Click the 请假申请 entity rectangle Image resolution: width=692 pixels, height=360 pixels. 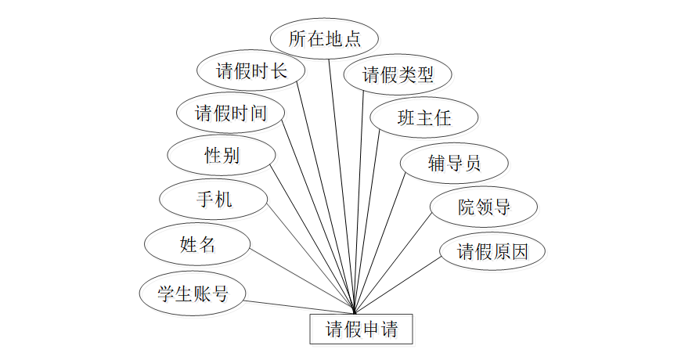[x=360, y=329]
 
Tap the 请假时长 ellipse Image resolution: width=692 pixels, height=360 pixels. [x=251, y=72]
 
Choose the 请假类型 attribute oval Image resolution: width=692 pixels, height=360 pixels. [x=397, y=75]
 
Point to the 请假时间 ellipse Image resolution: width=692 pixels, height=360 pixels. [x=230, y=113]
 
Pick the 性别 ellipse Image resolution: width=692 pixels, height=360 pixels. [x=222, y=155]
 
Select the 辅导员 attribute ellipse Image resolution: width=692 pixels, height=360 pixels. [x=454, y=163]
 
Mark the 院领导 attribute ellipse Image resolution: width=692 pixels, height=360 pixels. [x=484, y=207]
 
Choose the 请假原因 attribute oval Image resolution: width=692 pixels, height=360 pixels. [x=492, y=251]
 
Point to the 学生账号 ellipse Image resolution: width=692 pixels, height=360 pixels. [x=193, y=293]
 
